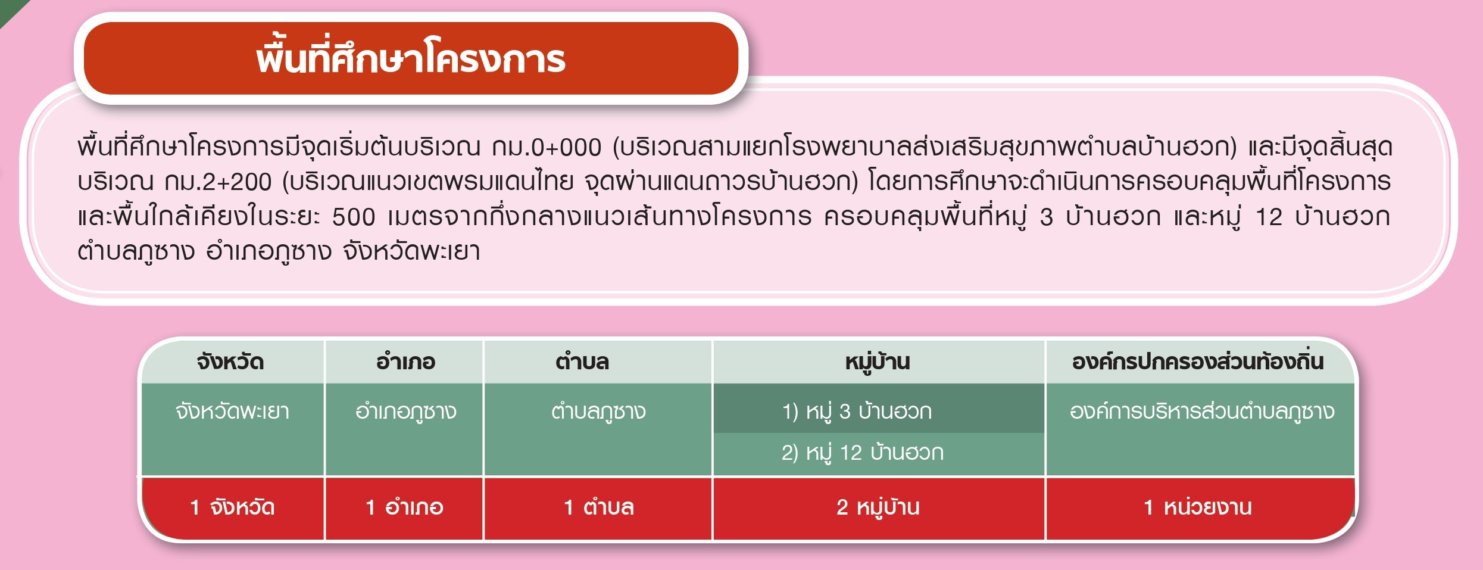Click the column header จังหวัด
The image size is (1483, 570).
pyautogui.click(x=230, y=362)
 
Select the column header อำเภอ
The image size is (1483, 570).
pyautogui.click(x=405, y=362)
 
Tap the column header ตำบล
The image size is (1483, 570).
pyautogui.click(x=582, y=362)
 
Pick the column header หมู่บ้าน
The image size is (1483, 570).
pyautogui.click(x=878, y=362)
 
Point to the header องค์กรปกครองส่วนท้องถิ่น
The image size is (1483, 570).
pyautogui.click(x=1198, y=362)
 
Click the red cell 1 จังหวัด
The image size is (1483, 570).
pyautogui.click(x=232, y=507)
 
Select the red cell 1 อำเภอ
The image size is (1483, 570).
pyautogui.click(x=404, y=507)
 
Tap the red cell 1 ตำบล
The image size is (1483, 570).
pyautogui.click(x=598, y=507)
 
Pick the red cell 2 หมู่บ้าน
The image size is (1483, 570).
pyautogui.click(x=878, y=507)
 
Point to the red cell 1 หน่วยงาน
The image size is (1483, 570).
pyautogui.click(x=1198, y=507)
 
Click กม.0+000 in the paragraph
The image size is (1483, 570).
pyautogui.click(x=547, y=147)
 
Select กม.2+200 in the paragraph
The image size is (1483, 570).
pyautogui.click(x=218, y=182)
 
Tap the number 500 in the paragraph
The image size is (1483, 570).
pyautogui.click(x=354, y=217)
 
